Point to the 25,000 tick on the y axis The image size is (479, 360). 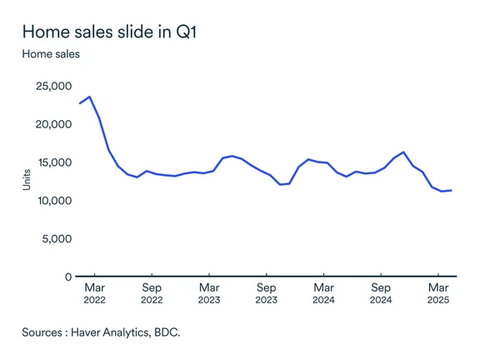pyautogui.click(x=52, y=86)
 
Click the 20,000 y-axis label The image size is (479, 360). pyautogui.click(x=52, y=124)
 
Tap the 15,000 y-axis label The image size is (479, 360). pyautogui.click(x=52, y=162)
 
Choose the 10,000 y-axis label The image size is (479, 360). pyautogui.click(x=52, y=201)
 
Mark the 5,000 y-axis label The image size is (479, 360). pyautogui.click(x=56, y=239)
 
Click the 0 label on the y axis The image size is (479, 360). pyautogui.click(x=67, y=277)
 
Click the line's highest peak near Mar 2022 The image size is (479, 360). pyautogui.click(x=90, y=97)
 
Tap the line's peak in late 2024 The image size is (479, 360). pyautogui.click(x=403, y=152)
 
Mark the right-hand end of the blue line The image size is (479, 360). pyautogui.click(x=452, y=190)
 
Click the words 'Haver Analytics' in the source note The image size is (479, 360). pyautogui.click(x=110, y=331)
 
